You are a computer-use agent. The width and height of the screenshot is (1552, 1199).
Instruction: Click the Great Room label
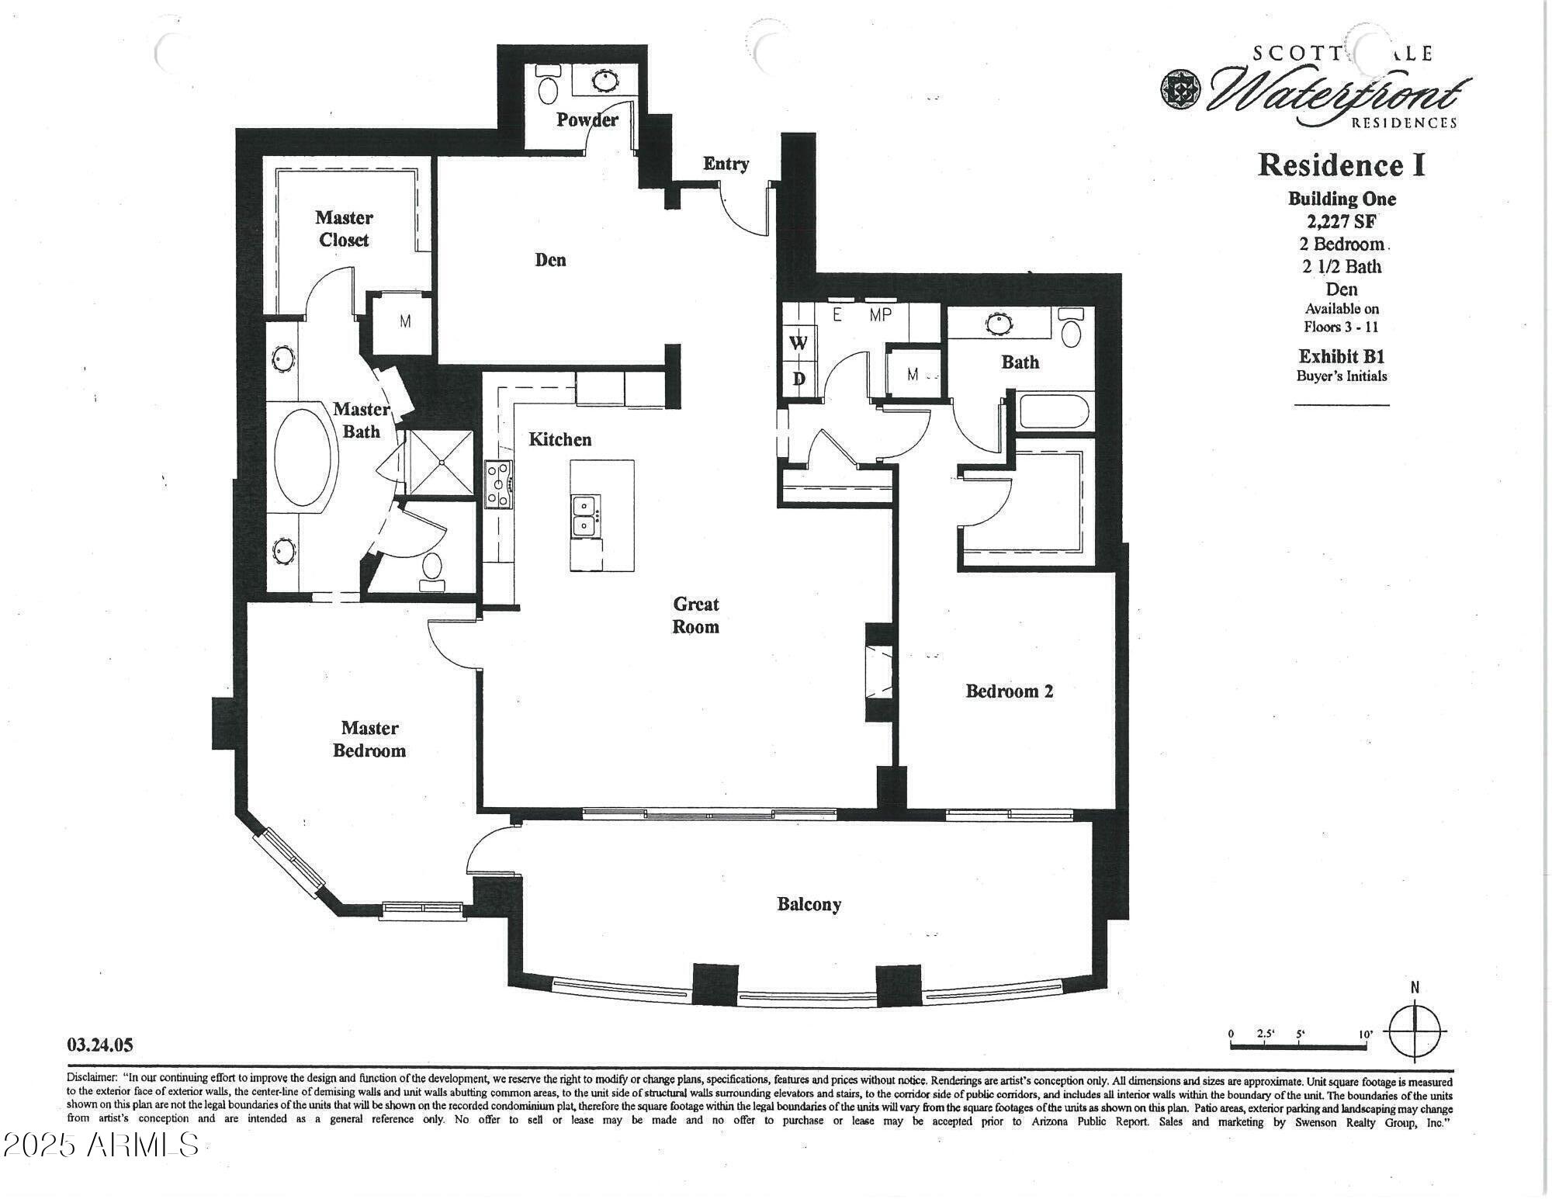click(695, 615)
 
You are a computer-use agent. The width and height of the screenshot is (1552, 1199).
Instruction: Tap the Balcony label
click(809, 904)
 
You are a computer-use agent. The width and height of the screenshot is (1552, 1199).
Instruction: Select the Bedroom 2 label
click(1009, 691)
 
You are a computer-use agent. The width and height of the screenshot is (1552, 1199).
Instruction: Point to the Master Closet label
click(344, 228)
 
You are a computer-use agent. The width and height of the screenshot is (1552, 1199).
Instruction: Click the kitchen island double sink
click(584, 515)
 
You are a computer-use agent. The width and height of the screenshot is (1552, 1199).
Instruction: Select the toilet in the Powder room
click(548, 85)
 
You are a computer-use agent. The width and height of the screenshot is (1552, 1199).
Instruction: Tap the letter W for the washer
click(799, 342)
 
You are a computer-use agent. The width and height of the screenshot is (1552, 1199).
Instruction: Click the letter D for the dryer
click(799, 379)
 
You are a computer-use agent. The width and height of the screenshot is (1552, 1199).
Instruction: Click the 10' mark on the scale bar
click(1366, 1034)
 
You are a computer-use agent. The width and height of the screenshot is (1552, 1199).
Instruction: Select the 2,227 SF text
click(1342, 221)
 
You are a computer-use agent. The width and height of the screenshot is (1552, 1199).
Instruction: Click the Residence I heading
click(1341, 165)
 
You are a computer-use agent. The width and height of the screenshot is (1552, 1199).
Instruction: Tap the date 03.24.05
click(100, 1045)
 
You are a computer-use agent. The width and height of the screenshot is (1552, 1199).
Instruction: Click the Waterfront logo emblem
click(1180, 90)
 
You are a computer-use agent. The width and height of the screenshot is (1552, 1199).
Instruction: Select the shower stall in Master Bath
click(440, 462)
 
